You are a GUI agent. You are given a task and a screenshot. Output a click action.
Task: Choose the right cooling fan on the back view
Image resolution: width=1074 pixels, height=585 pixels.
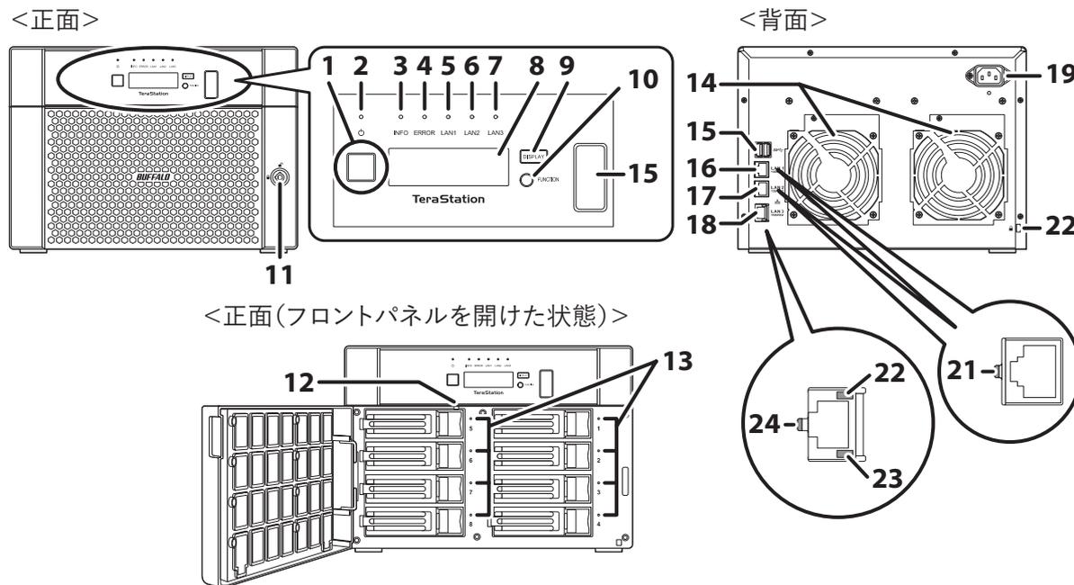click(x=956, y=172)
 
